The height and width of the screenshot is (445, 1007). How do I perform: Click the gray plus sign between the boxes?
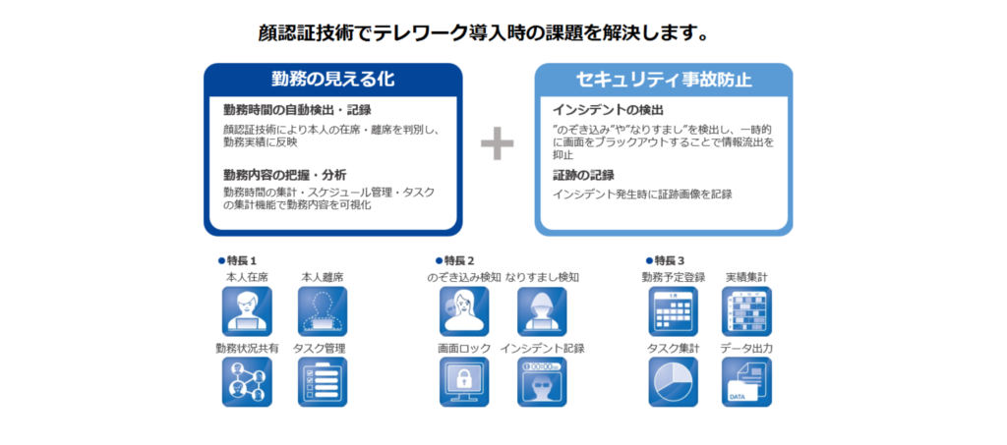pyautogui.click(x=497, y=143)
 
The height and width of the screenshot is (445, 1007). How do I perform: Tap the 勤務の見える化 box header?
pyautogui.click(x=332, y=80)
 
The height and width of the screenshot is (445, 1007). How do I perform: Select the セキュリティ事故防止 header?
pyautogui.click(x=664, y=80)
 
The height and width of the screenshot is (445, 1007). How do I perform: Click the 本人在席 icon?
pyautogui.click(x=247, y=311)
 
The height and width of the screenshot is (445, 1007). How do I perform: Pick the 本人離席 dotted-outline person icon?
pyautogui.click(x=323, y=311)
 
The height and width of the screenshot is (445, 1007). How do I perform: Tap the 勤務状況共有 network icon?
pyautogui.click(x=247, y=382)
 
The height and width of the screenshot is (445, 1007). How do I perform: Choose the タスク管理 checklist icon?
pyautogui.click(x=323, y=382)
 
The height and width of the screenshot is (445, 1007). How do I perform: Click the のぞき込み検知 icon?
pyautogui.click(x=464, y=311)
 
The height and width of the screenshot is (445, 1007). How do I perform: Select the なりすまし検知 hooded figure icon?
pyautogui.click(x=542, y=311)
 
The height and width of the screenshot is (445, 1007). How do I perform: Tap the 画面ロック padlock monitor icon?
pyautogui.click(x=464, y=382)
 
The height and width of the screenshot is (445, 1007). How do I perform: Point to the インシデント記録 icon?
pyautogui.click(x=542, y=382)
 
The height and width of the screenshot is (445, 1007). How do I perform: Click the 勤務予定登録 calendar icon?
pyautogui.click(x=673, y=311)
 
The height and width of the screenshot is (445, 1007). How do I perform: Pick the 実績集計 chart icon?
pyautogui.click(x=747, y=311)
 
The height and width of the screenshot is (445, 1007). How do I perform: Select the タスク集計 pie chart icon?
pyautogui.click(x=673, y=382)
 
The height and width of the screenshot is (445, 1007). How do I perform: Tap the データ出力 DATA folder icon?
pyautogui.click(x=747, y=382)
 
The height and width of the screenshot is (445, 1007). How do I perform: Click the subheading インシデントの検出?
pyautogui.click(x=608, y=110)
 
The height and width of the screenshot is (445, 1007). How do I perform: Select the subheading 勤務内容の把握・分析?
pyautogui.click(x=285, y=175)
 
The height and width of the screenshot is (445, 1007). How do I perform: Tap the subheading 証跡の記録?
pyautogui.click(x=583, y=175)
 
